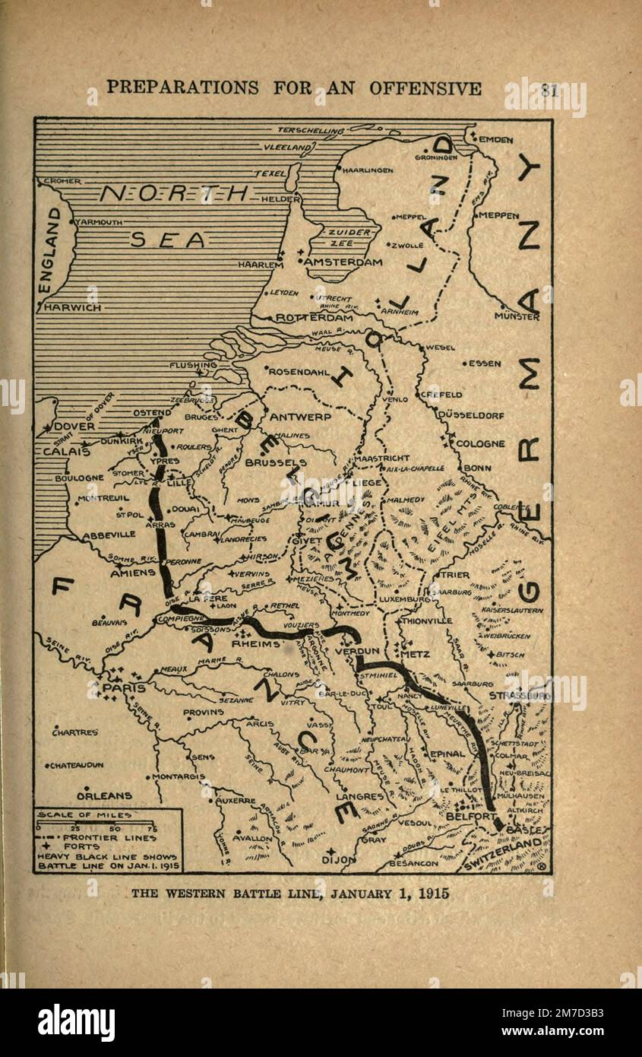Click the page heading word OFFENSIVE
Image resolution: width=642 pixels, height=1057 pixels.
[x=425, y=88]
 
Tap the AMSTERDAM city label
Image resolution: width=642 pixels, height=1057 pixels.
[x=343, y=262]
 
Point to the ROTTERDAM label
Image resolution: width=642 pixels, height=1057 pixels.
[x=314, y=318]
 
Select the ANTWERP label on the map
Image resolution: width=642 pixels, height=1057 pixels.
[x=300, y=417]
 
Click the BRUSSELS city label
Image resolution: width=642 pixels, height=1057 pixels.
[x=276, y=462]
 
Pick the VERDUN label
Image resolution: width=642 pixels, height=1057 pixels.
[x=351, y=651]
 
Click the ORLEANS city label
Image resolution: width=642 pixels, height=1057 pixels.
[x=104, y=795]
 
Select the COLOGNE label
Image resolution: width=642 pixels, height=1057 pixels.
[x=480, y=443]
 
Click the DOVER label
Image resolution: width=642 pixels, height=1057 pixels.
[x=74, y=427]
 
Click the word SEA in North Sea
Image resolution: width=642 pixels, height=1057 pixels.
[x=167, y=240]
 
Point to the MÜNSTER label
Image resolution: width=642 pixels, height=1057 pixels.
[x=517, y=316]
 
